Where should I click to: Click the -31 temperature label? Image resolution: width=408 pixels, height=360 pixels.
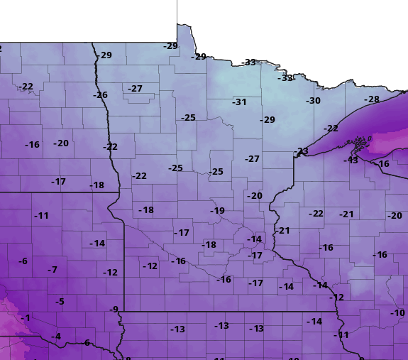click(239, 102)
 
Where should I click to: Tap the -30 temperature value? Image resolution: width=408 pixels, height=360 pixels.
click(313, 101)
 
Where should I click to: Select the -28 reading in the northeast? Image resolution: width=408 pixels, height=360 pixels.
click(372, 99)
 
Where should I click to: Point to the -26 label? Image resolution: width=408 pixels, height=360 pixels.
click(100, 95)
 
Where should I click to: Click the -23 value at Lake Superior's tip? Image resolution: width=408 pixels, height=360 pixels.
click(302, 151)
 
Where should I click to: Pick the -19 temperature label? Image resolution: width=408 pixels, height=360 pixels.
click(217, 211)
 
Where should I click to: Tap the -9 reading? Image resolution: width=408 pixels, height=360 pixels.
click(114, 310)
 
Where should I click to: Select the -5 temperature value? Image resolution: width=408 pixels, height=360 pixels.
click(60, 302)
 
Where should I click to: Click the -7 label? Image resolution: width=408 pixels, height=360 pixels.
click(52, 270)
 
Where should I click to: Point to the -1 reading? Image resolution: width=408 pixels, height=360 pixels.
click(26, 318)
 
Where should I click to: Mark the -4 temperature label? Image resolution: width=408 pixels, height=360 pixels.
click(56, 337)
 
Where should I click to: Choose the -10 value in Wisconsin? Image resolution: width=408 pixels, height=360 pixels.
click(397, 313)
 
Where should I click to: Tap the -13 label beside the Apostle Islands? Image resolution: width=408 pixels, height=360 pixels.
click(351, 160)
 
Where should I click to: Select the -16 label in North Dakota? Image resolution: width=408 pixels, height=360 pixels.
click(32, 145)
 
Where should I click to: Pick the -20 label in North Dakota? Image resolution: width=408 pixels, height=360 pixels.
click(62, 143)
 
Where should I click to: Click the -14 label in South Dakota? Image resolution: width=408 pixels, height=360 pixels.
click(97, 244)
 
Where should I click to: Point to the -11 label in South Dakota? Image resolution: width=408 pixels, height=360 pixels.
click(42, 216)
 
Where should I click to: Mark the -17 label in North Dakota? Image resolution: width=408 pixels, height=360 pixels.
click(58, 182)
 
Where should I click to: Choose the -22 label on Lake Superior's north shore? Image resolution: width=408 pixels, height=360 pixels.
click(331, 129)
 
